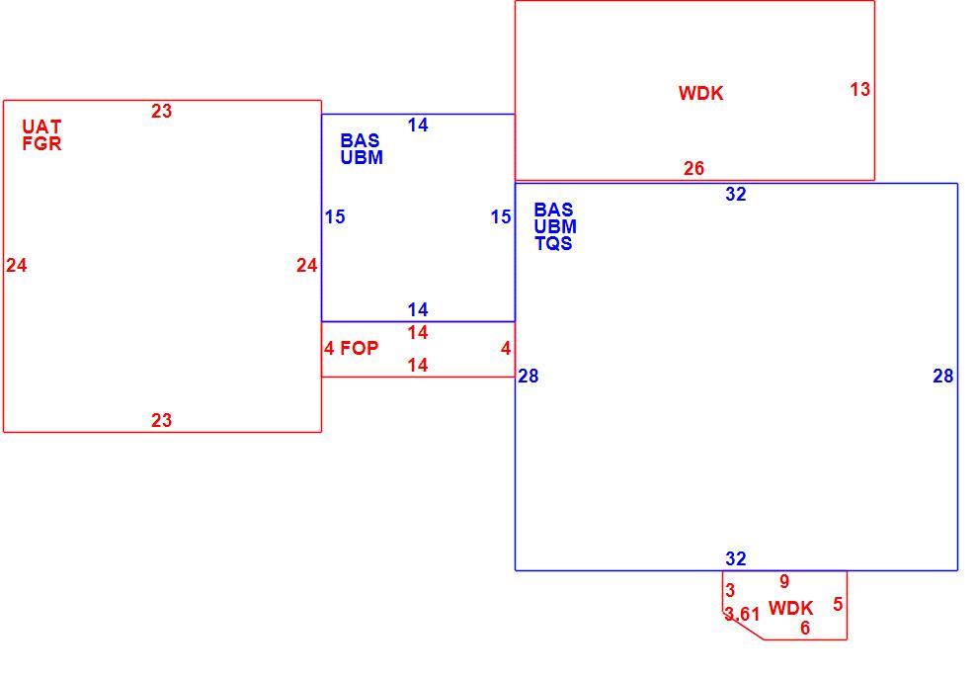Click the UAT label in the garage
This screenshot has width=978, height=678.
tap(41, 127)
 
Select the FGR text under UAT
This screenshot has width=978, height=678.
tap(41, 144)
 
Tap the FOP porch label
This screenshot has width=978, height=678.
tap(360, 348)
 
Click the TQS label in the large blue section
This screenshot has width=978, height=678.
tap(553, 243)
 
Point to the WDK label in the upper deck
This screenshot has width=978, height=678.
tap(701, 94)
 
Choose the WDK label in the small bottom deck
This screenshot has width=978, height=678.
tap(791, 608)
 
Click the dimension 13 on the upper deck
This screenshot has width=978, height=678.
tap(860, 90)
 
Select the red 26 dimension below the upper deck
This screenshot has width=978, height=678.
tap(693, 168)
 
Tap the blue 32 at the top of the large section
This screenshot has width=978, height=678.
tap(736, 195)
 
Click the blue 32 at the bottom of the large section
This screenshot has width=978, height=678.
tap(736, 558)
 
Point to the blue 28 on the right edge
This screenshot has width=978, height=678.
tap(943, 377)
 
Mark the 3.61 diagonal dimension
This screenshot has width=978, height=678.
tap(742, 615)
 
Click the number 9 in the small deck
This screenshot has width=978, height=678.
tap(784, 581)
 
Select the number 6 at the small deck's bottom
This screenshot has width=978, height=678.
tap(805, 629)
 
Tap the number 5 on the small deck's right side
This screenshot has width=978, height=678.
tap(838, 605)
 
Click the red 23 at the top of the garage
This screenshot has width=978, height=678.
tap(162, 111)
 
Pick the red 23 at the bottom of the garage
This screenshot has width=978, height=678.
tap(162, 420)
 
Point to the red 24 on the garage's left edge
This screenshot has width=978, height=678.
tap(17, 266)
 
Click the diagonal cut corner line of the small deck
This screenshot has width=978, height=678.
tap(744, 627)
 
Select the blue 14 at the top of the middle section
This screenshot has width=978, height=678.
tap(418, 126)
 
